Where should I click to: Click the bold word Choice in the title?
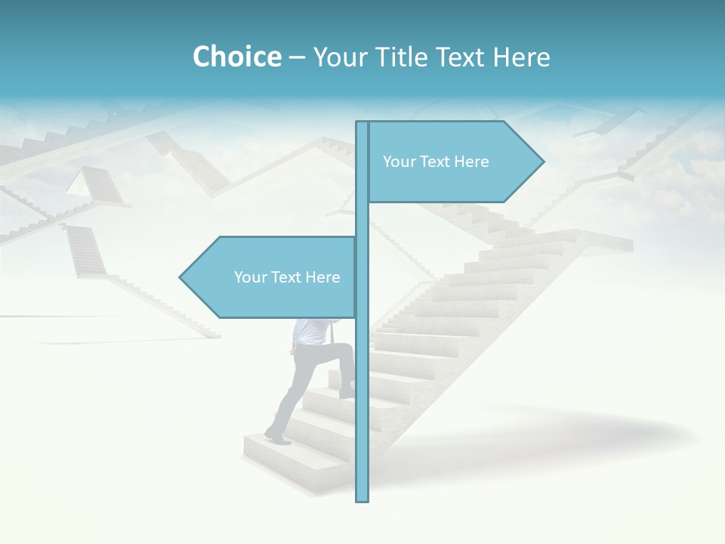tap(236, 57)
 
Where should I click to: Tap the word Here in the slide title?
tap(521, 57)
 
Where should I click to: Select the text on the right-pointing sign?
tap(436, 162)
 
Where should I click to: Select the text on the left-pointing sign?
tap(287, 277)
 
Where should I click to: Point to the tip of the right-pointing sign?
tap(542, 161)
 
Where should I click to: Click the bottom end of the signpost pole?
tap(362, 499)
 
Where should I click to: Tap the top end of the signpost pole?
tap(362, 123)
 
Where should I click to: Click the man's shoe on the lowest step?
tap(276, 436)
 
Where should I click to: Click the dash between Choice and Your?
tap(297, 57)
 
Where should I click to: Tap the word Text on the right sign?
tap(436, 162)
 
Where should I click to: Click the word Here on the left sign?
tap(322, 277)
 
